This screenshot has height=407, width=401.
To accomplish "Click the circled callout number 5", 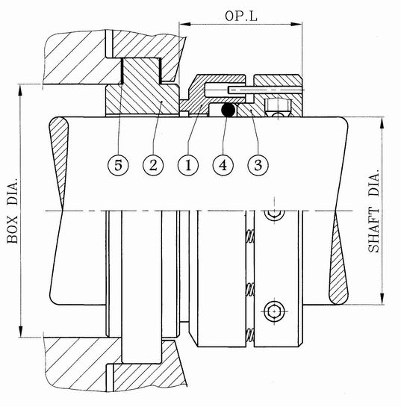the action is (118, 165).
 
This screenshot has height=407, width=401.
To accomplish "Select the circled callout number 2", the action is (153, 165).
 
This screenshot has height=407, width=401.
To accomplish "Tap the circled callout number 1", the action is (188, 165).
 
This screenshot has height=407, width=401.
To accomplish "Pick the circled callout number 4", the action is (223, 165).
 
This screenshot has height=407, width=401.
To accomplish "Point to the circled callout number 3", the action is (258, 165).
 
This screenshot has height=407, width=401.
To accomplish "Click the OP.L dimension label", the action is (241, 16).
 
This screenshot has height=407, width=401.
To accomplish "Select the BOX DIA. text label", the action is (13, 211).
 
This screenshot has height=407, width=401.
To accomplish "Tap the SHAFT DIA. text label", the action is (374, 211).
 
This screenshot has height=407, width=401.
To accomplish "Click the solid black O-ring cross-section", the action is (229, 110).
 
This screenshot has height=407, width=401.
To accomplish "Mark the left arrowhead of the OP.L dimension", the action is (185, 24).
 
